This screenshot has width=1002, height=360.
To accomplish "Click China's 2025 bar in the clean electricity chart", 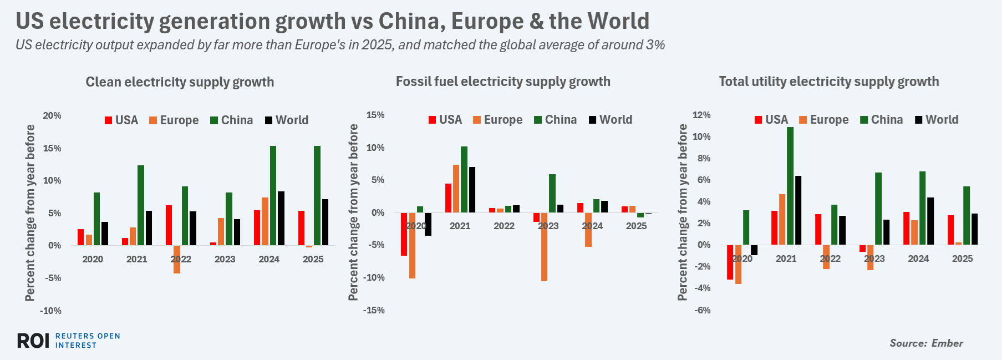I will point(317,195).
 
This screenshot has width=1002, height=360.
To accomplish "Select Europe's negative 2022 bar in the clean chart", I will point(177,259).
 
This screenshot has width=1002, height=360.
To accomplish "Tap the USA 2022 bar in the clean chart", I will point(169,225).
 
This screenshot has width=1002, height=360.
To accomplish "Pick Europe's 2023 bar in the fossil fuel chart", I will point(544,247).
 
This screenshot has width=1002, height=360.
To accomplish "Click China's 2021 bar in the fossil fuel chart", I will point(464,179).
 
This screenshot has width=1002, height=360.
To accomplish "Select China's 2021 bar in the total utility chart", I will point(790,186).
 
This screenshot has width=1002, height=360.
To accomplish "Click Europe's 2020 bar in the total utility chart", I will point(738,265).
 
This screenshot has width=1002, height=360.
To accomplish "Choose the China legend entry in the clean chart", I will point(232,120).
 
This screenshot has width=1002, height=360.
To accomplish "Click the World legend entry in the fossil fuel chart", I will point(611,120).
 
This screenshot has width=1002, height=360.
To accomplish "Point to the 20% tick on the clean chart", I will point(52,115).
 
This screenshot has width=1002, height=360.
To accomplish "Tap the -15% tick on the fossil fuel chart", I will point(374,310).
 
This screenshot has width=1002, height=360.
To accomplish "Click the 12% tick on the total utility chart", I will point(701,115).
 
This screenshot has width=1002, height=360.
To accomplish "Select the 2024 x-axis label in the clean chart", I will point(269,259).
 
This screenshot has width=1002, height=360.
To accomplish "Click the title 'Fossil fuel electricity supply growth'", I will point(503,82).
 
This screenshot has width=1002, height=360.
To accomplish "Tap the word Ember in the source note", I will point(947,343).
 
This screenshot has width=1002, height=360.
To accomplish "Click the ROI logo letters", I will point(33,341).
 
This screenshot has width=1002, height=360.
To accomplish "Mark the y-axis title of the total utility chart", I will point(683,212).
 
